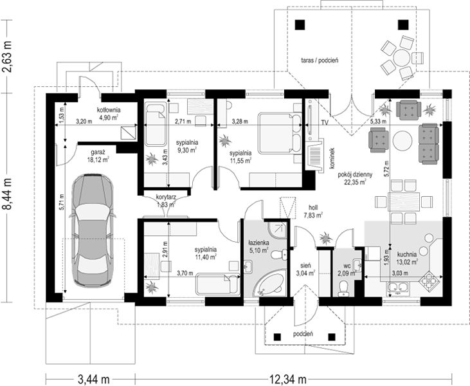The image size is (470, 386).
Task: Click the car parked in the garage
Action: pyautogui.click(x=93, y=230)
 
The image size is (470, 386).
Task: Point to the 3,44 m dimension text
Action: pyautogui.click(x=93, y=379)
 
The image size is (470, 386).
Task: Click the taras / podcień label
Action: pyautogui.click(x=320, y=60)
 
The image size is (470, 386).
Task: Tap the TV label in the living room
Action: pyautogui.click(x=324, y=122)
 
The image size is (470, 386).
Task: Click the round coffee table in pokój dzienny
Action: pyautogui.click(x=402, y=141)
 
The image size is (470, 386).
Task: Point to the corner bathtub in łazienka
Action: pyautogui.click(x=269, y=283)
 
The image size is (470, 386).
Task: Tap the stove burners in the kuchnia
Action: pyautogui.click(x=429, y=280)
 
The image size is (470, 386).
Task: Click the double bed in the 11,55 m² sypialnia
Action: pyautogui.click(x=280, y=133)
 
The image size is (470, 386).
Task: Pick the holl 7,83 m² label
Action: pyautogui.click(x=314, y=211)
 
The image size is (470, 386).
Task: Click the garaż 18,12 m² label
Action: pyautogui.click(x=98, y=156)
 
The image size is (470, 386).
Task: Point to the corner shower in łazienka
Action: pyautogui.click(x=277, y=230)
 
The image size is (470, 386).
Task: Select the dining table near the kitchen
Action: pyautogui.click(x=404, y=201)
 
